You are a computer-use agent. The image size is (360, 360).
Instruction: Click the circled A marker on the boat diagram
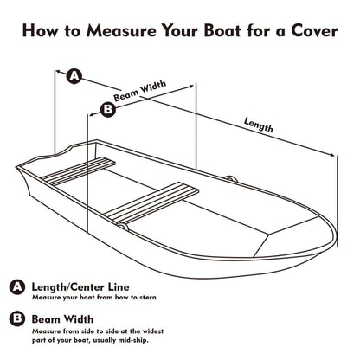[75, 76]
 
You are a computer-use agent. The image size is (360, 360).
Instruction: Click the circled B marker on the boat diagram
[107, 109]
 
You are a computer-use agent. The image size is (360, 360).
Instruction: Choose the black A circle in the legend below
[16, 287]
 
